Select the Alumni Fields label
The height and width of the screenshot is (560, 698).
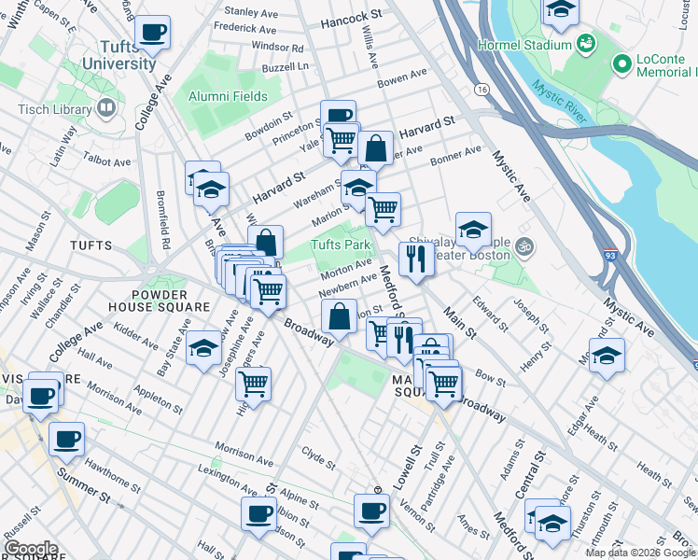226,96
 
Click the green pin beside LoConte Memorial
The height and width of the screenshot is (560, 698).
621,63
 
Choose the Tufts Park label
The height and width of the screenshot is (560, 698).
341,245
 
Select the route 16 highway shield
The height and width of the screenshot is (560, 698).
482,89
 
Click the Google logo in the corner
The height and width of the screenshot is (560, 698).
31,549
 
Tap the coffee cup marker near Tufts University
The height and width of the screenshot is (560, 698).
152,32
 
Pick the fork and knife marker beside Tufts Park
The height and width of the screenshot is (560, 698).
416,258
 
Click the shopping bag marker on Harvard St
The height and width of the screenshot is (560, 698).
374,147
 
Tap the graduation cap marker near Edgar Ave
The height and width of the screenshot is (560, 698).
607,356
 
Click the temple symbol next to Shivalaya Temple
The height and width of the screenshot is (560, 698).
524,247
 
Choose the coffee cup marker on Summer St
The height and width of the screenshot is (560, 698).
66,439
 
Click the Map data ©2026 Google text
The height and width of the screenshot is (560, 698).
639,553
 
